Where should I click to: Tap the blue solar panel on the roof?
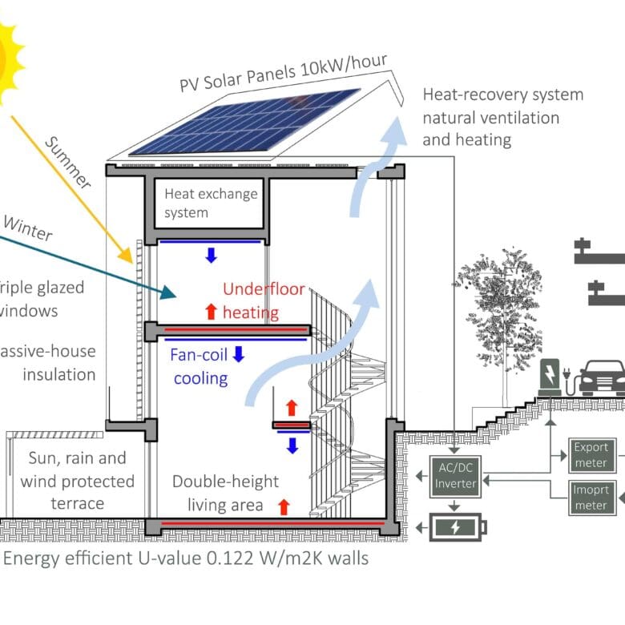pyautogui.click(x=244, y=122)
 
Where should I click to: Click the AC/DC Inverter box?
pyautogui.click(x=455, y=476)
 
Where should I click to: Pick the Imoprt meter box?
pyautogui.click(x=591, y=497)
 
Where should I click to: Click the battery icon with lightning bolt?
pyautogui.click(x=458, y=527)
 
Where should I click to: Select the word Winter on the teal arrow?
pyautogui.click(x=28, y=229)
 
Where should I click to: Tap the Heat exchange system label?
pyautogui.click(x=211, y=203)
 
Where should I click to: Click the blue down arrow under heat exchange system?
pyautogui.click(x=211, y=256)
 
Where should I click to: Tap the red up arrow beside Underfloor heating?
pyautogui.click(x=211, y=311)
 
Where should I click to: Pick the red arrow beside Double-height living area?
pyautogui.click(x=283, y=506)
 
